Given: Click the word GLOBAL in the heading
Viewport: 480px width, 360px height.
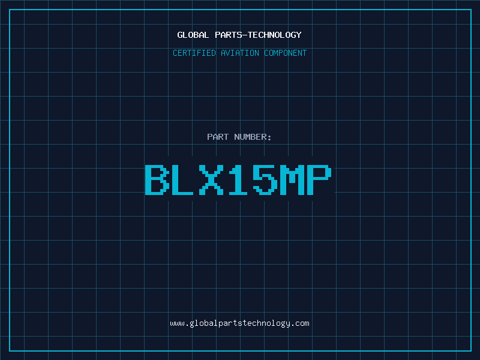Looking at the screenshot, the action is [x=193, y=35].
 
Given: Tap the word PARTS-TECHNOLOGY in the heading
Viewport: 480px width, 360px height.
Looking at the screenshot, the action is [x=258, y=35].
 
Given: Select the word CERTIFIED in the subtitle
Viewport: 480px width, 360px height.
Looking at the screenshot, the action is [x=194, y=53].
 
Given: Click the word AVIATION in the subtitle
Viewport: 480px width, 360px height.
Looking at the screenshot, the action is [x=239, y=53].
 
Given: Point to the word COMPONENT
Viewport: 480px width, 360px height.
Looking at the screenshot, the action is [x=285, y=53].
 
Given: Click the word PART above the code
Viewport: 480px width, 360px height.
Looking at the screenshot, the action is [x=218, y=137].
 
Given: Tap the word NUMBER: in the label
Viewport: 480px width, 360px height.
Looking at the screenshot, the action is [x=253, y=137].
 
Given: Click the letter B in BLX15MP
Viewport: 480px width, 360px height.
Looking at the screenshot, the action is [x=157, y=179].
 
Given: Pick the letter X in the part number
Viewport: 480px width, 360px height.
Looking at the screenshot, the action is [x=211, y=179].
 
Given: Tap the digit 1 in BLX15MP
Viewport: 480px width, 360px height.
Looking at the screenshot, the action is [x=238, y=179].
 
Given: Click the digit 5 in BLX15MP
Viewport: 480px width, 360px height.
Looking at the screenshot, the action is [x=265, y=179].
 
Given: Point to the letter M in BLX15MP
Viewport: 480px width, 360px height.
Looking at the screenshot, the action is [x=292, y=179].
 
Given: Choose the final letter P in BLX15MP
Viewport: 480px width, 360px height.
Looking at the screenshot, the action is [x=319, y=179].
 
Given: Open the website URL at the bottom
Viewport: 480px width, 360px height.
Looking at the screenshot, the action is [x=239, y=323].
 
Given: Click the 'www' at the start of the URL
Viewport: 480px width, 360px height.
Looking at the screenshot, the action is [x=177, y=324].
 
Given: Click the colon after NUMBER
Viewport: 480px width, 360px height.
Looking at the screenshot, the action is [x=269, y=138].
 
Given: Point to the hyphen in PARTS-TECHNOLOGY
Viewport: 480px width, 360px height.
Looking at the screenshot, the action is [x=244, y=35].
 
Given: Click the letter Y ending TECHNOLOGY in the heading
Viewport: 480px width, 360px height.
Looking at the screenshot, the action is [x=299, y=35].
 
